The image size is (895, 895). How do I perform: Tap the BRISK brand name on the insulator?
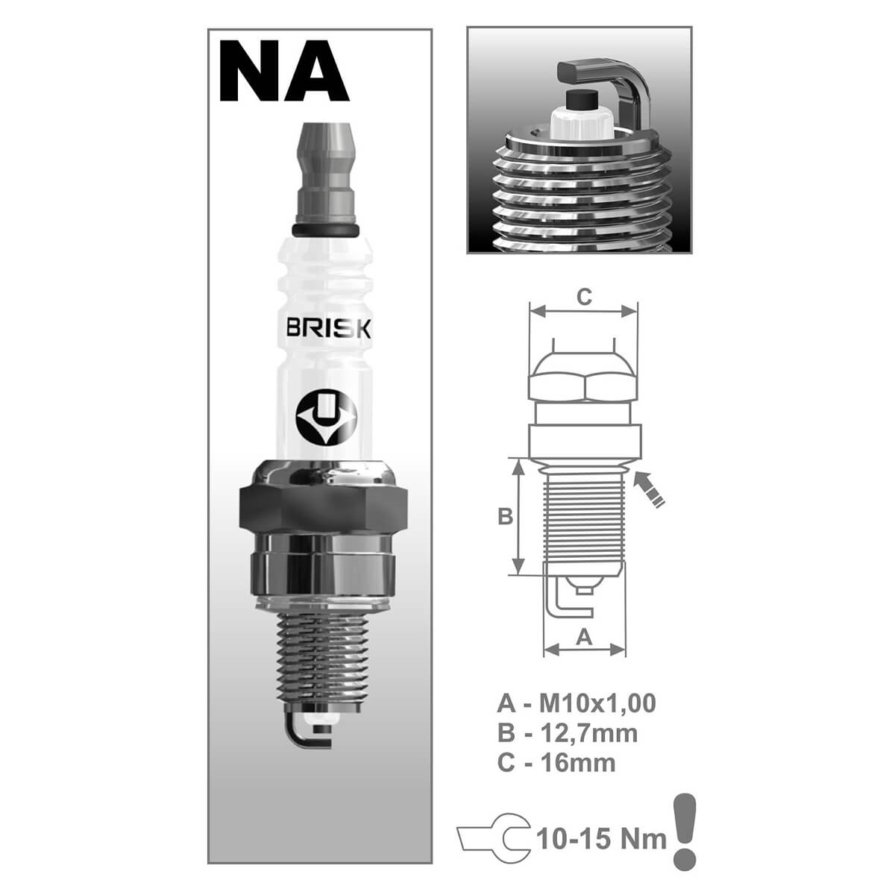tap(328, 329)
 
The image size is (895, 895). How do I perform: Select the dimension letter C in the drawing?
tap(584, 297)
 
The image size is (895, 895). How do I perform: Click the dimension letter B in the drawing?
tap(505, 516)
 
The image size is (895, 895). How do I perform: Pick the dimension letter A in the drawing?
tap(585, 635)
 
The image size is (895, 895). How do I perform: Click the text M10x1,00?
tap(598, 703)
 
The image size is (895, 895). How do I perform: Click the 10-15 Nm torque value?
tap(600, 839)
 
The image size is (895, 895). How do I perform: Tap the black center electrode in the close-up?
tap(580, 101)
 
